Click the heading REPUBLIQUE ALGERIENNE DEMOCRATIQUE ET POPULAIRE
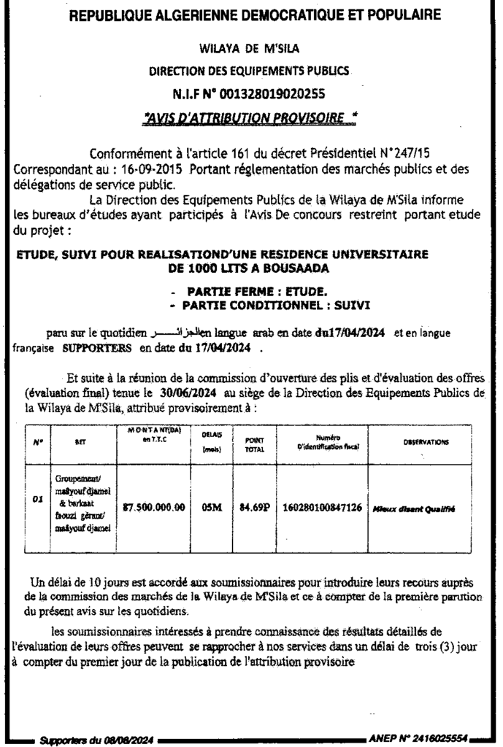click(x=251, y=15)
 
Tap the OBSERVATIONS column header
click(x=426, y=443)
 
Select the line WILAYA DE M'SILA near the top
click(x=250, y=50)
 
